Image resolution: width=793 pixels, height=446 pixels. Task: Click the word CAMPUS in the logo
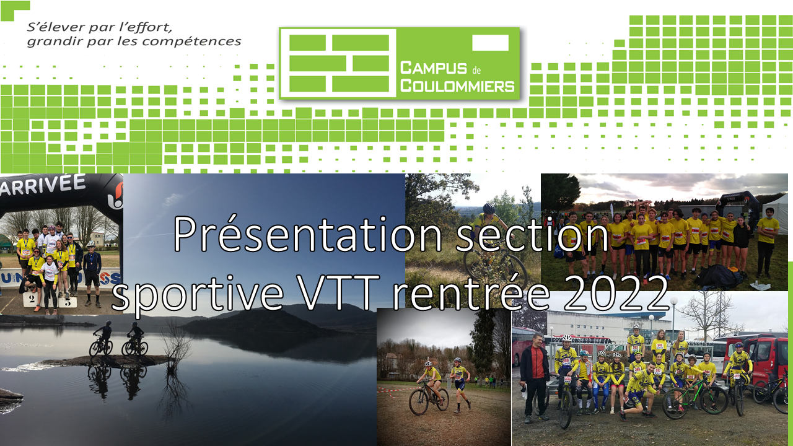tap(433, 68)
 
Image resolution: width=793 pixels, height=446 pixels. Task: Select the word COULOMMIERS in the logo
tap(457, 86)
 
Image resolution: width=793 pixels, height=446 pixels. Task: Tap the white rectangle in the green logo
tap(490, 43)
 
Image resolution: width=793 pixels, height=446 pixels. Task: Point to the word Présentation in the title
tap(307, 235)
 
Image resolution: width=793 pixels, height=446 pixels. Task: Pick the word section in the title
tap(532, 236)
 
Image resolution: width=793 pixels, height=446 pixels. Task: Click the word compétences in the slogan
tap(191, 42)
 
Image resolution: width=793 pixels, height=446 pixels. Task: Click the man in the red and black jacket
tap(535, 377)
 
